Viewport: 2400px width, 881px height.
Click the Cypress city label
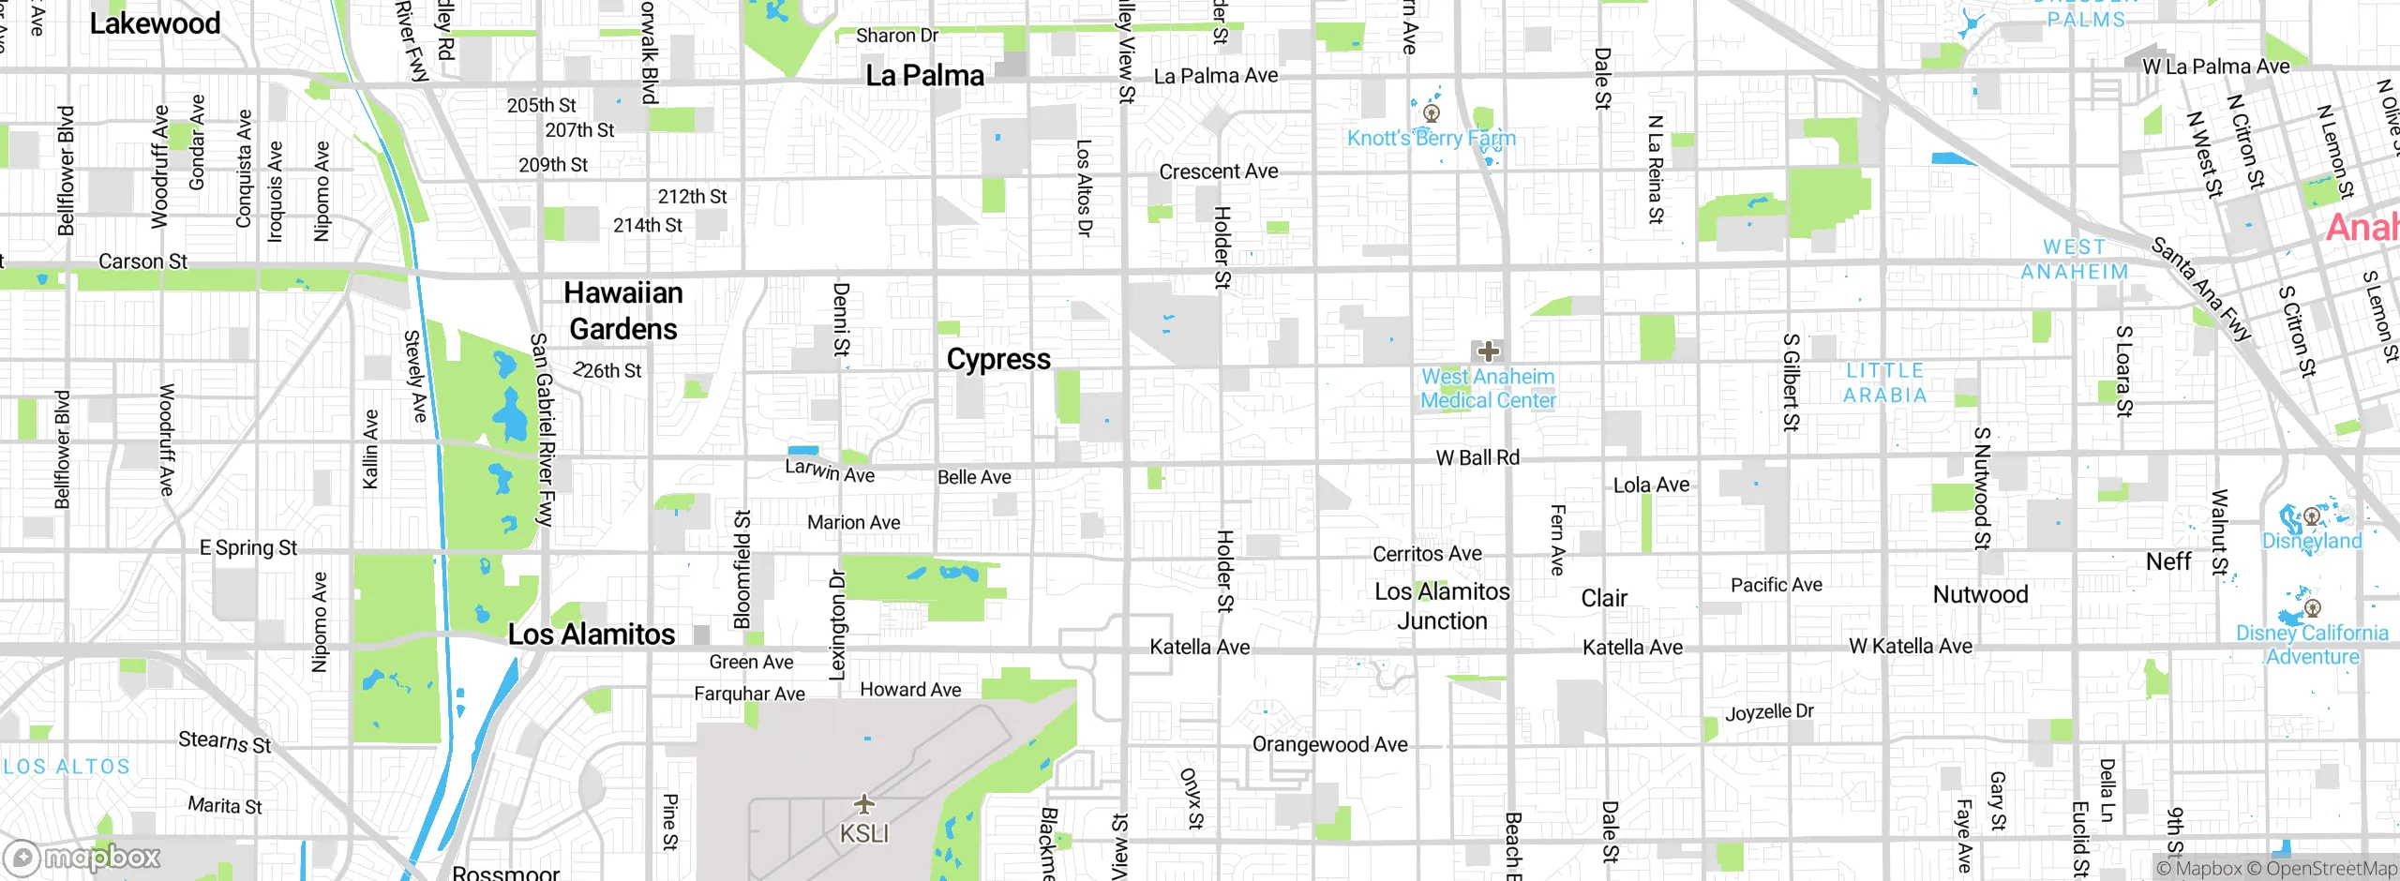click(998, 359)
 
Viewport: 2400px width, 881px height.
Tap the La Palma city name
click(924, 75)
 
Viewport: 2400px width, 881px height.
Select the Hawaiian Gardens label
click(623, 311)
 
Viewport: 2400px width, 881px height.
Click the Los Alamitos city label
click(591, 635)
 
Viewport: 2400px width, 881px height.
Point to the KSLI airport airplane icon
click(864, 804)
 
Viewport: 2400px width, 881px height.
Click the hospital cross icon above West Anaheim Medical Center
click(1488, 351)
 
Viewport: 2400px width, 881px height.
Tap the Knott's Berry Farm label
click(1431, 138)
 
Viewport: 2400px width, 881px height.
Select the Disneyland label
click(2312, 541)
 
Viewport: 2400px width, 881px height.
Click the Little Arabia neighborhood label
click(1884, 383)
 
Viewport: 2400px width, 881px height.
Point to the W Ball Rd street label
click(1477, 457)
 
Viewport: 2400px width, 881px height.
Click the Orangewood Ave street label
click(1329, 744)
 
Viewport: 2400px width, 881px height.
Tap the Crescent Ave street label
click(1218, 172)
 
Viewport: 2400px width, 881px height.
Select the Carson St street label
click(142, 261)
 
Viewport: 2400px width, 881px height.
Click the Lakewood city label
click(155, 23)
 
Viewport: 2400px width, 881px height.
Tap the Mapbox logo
click(82, 857)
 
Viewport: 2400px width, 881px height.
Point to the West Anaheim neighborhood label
click(2074, 260)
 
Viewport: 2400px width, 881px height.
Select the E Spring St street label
click(247, 547)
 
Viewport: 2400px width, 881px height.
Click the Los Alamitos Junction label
click(1442, 605)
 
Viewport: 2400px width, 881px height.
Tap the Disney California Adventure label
click(2312, 645)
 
